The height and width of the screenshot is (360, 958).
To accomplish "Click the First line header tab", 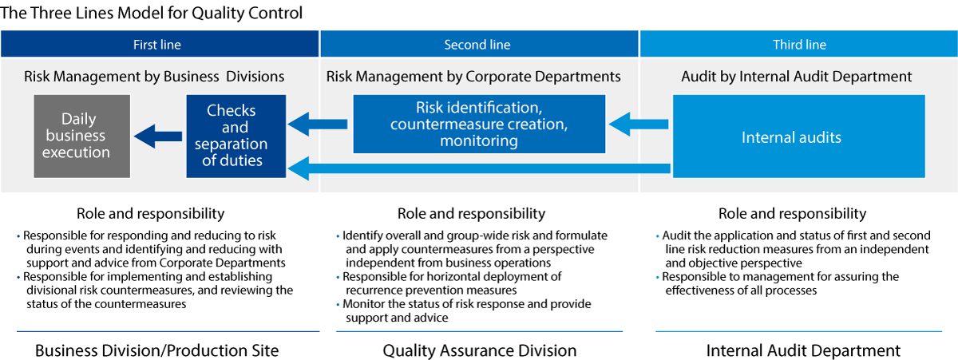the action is point(160,44).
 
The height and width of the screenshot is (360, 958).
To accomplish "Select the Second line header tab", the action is point(479,44).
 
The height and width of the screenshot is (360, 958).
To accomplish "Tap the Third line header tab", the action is point(798,44).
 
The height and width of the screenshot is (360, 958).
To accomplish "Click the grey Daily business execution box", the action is point(82,136).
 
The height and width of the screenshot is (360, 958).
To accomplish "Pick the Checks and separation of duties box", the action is point(236,136).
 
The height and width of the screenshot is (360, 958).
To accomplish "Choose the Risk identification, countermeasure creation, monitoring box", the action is point(479,124).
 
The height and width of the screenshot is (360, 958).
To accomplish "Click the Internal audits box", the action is point(799,136).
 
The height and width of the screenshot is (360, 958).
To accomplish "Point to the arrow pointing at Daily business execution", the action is point(158,136).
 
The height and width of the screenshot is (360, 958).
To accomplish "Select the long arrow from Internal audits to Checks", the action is point(479,168).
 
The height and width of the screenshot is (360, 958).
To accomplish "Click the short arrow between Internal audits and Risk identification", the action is point(639,124).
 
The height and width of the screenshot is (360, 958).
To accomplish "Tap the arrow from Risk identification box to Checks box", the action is point(318,124).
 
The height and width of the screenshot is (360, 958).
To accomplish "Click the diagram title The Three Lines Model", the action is point(152,13).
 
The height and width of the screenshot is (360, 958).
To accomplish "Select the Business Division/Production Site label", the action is point(156,350).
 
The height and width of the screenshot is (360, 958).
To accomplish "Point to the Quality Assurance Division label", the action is point(480,350).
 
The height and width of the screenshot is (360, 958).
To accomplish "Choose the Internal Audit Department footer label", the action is point(803,350).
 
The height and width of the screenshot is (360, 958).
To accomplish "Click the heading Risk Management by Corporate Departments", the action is point(473,77).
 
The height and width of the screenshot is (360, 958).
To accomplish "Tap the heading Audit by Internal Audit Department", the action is point(797,77).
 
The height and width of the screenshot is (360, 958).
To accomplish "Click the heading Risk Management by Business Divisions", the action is point(154,77).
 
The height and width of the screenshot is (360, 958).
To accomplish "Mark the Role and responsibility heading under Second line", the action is point(471,213).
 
